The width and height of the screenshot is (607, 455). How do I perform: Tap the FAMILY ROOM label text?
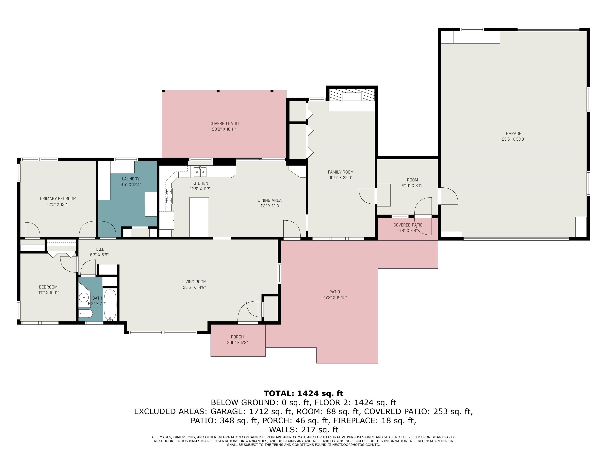[x=340, y=172]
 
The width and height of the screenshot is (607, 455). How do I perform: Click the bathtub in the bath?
[x=110, y=305]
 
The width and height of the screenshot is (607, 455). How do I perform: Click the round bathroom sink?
[x=84, y=297]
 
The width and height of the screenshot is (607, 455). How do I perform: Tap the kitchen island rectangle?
[x=199, y=217]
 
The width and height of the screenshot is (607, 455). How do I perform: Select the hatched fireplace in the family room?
[x=352, y=95]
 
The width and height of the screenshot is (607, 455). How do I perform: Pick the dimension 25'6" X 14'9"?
[x=194, y=287]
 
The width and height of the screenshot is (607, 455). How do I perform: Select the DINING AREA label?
[x=270, y=200]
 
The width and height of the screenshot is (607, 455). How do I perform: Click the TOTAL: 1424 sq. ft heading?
[x=303, y=394]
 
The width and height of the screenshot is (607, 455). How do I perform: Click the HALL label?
[x=99, y=249]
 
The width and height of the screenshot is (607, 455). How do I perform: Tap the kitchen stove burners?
[x=169, y=196]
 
